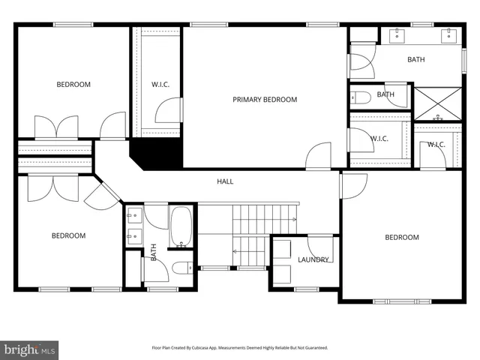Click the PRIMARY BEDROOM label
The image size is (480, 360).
click(x=265, y=100)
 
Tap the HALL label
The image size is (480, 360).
click(x=225, y=181)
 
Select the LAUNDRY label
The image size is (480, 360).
click(x=313, y=260)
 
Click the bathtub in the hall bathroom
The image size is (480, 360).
click(x=181, y=228)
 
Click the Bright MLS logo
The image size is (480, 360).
click(x=29, y=349)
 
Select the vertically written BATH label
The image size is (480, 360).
click(x=153, y=252)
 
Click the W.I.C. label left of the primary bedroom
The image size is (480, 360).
click(x=160, y=85)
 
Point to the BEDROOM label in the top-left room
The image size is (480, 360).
click(x=73, y=85)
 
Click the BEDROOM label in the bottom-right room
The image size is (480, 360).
click(x=402, y=238)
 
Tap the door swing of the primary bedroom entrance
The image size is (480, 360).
click(x=319, y=155)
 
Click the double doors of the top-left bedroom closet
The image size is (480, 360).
click(x=56, y=127)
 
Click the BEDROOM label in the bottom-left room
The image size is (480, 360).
click(x=68, y=236)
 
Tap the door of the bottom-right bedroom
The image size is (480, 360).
click(x=353, y=186)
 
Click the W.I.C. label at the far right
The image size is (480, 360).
click(x=436, y=145)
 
